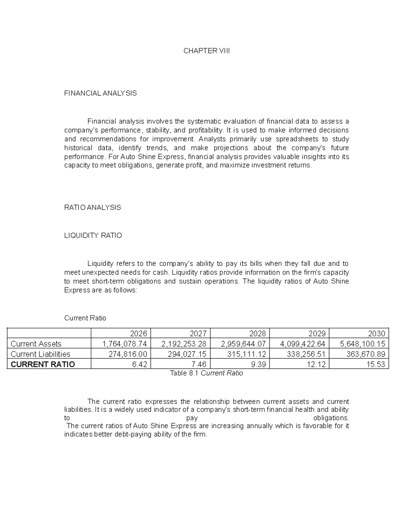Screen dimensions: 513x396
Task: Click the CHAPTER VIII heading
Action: [x=207, y=51]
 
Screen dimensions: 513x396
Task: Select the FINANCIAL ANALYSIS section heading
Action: [x=100, y=93]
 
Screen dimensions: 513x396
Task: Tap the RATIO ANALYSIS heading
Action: [x=92, y=207]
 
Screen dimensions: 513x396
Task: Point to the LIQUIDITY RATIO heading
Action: [x=93, y=236]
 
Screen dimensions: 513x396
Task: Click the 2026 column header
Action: [x=139, y=333]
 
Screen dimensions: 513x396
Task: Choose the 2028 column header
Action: [x=257, y=333]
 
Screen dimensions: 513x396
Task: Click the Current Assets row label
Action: [x=36, y=344]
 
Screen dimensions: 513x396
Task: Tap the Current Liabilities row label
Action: [x=41, y=354]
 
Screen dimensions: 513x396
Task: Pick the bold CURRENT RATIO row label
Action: [x=43, y=364]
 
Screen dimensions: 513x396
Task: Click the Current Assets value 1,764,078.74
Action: [x=124, y=344]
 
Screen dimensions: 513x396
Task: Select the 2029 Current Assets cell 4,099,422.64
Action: [x=303, y=344]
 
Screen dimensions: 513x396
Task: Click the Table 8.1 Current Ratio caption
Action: [x=206, y=373]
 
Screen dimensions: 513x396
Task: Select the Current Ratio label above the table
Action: [x=85, y=318]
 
